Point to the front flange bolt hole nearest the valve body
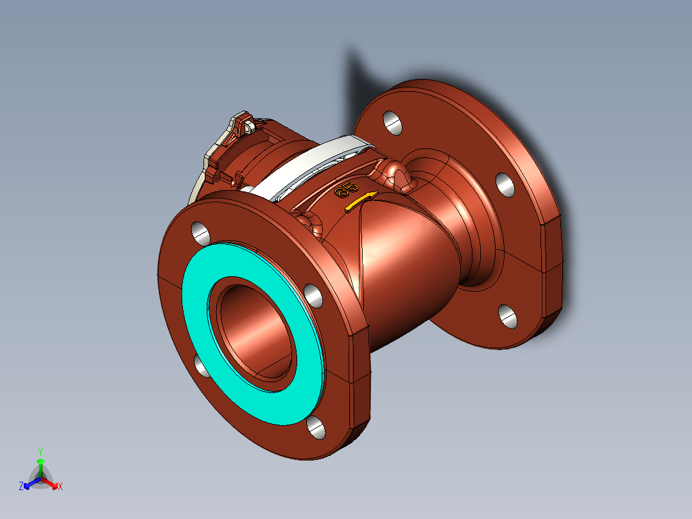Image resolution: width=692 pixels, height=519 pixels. (313, 294)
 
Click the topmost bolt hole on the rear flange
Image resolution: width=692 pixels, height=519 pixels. (393, 123)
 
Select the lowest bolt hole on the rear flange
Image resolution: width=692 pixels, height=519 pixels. (508, 315)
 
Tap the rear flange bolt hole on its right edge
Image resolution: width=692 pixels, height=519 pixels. (506, 184)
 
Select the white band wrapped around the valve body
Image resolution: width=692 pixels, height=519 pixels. (308, 169)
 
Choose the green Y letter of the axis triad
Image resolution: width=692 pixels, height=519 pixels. (40, 451)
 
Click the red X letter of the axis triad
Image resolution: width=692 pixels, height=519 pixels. (60, 486)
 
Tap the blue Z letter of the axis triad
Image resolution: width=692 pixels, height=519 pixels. (21, 486)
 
